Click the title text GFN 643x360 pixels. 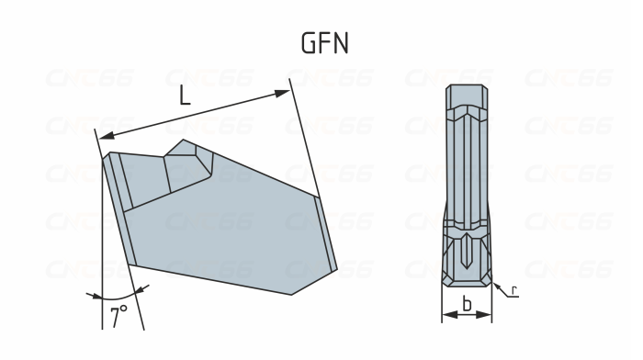pyautogui.click(x=324, y=44)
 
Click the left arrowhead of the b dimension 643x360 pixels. pyautogui.click(x=446, y=314)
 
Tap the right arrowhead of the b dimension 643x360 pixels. pyautogui.click(x=488, y=314)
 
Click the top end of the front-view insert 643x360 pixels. pyautogui.click(x=468, y=90)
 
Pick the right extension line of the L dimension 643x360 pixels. pyautogui.click(x=303, y=138)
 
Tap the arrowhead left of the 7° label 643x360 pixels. pyautogui.click(x=92, y=294)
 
